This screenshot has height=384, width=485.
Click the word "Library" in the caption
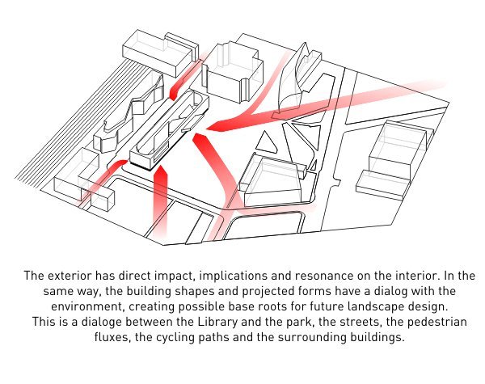(217, 322)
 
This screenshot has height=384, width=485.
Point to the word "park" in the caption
(299, 322)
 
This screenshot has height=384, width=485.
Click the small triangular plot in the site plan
(265, 142)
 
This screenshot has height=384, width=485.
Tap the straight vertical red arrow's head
(160, 171)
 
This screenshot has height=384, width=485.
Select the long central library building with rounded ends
(170, 130)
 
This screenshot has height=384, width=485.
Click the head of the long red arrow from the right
(217, 125)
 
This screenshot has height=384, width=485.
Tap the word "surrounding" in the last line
(311, 337)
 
